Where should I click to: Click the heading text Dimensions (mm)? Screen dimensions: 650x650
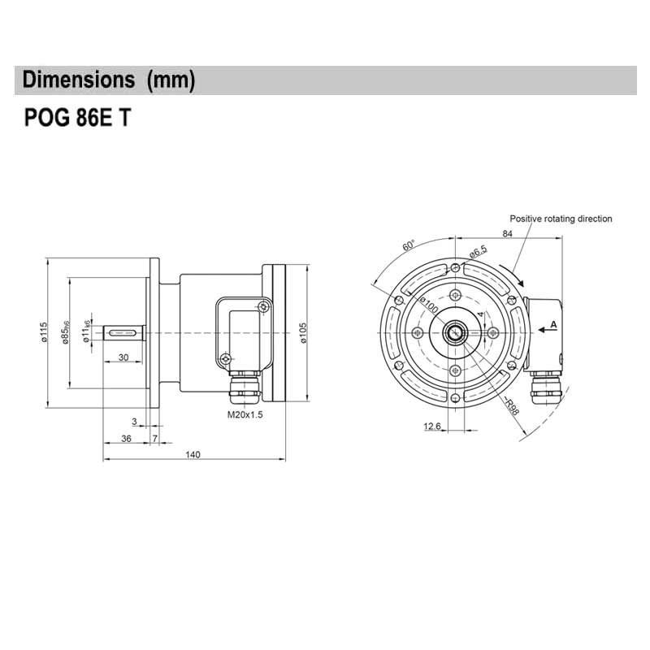(109, 80)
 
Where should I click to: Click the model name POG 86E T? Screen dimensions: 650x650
(77, 119)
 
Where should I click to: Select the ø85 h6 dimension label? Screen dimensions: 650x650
(66, 333)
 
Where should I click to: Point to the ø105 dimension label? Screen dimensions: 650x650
(302, 333)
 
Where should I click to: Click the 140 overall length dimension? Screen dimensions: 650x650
(193, 454)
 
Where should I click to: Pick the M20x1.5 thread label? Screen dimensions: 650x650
(245, 414)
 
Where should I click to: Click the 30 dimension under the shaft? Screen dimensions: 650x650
(123, 357)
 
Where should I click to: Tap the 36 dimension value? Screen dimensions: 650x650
(126, 439)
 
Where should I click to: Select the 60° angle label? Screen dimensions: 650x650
(409, 246)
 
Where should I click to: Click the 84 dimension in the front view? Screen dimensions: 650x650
(508, 234)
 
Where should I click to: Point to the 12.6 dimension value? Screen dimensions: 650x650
(432, 426)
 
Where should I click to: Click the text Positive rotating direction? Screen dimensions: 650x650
(561, 219)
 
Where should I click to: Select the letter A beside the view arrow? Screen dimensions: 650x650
(553, 324)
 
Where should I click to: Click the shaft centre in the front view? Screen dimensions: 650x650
(453, 332)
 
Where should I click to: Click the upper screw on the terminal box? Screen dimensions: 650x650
(262, 305)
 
